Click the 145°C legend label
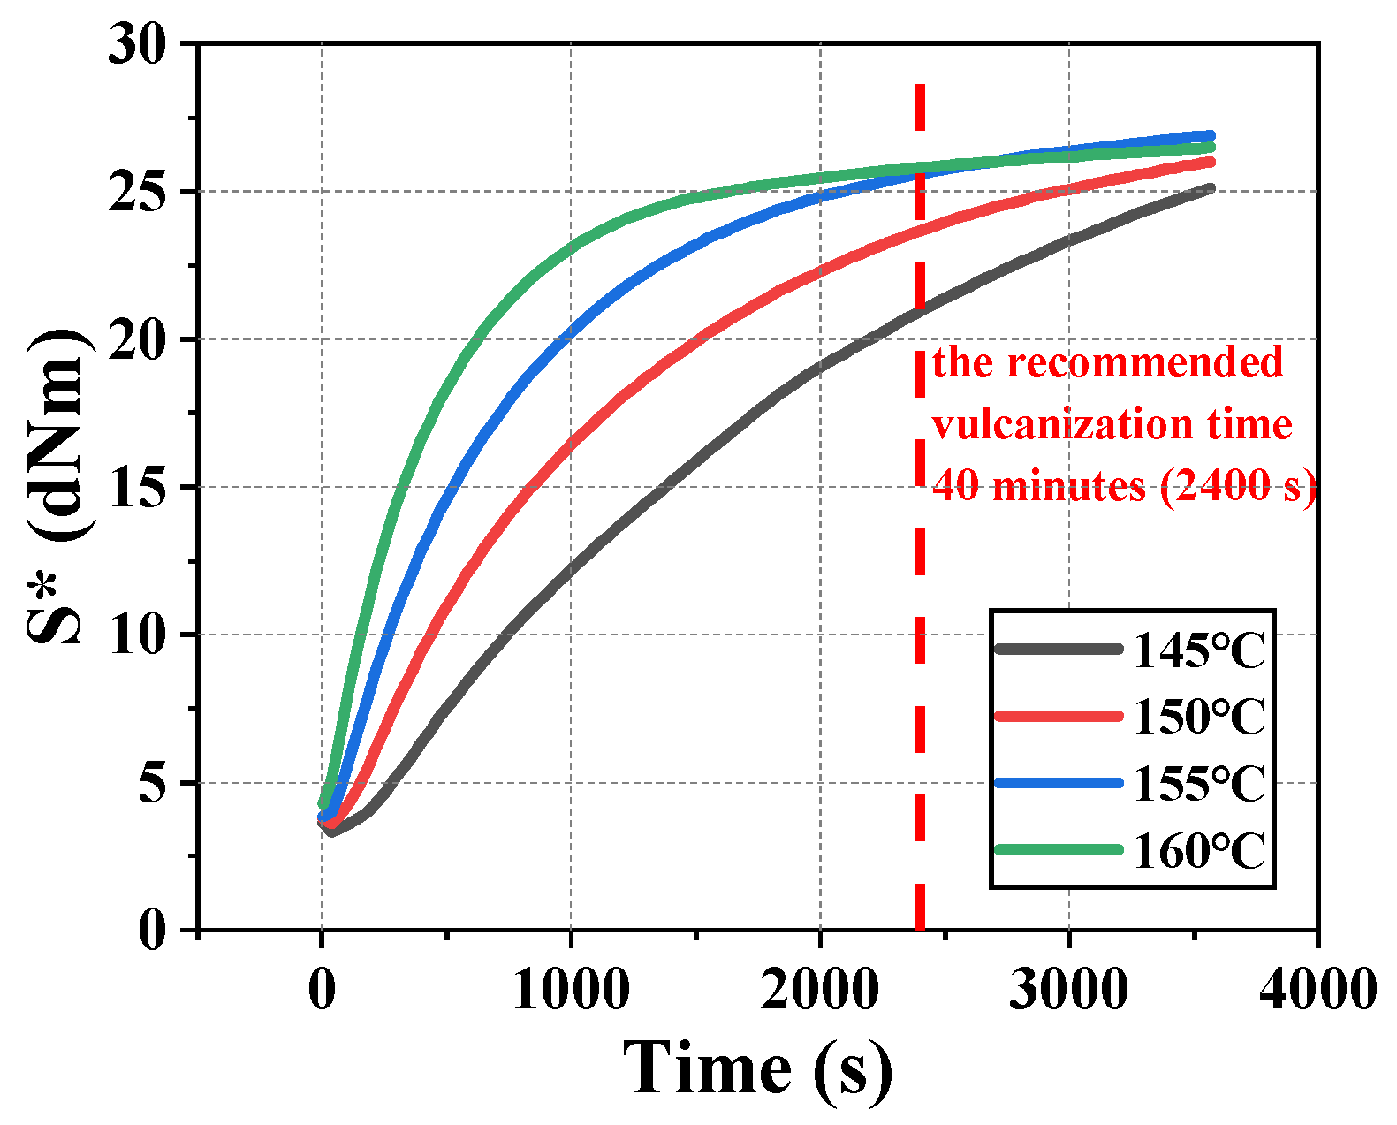click(x=1198, y=651)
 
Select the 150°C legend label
click(x=1198, y=717)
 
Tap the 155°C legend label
click(x=1198, y=784)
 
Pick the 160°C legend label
click(x=1198, y=851)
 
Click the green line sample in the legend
click(x=1058, y=849)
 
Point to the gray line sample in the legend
click(x=1058, y=650)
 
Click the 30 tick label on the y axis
click(x=137, y=44)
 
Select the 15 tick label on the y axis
click(x=137, y=487)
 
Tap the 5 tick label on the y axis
click(x=152, y=783)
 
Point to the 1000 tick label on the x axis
click(x=571, y=989)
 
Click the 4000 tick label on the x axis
click(x=1317, y=989)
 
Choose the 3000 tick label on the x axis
click(x=1068, y=989)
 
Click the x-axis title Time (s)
click(x=757, y=1068)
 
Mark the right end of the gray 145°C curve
click(x=1210, y=188)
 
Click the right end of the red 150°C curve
click(x=1210, y=162)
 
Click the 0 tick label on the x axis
click(x=322, y=989)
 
